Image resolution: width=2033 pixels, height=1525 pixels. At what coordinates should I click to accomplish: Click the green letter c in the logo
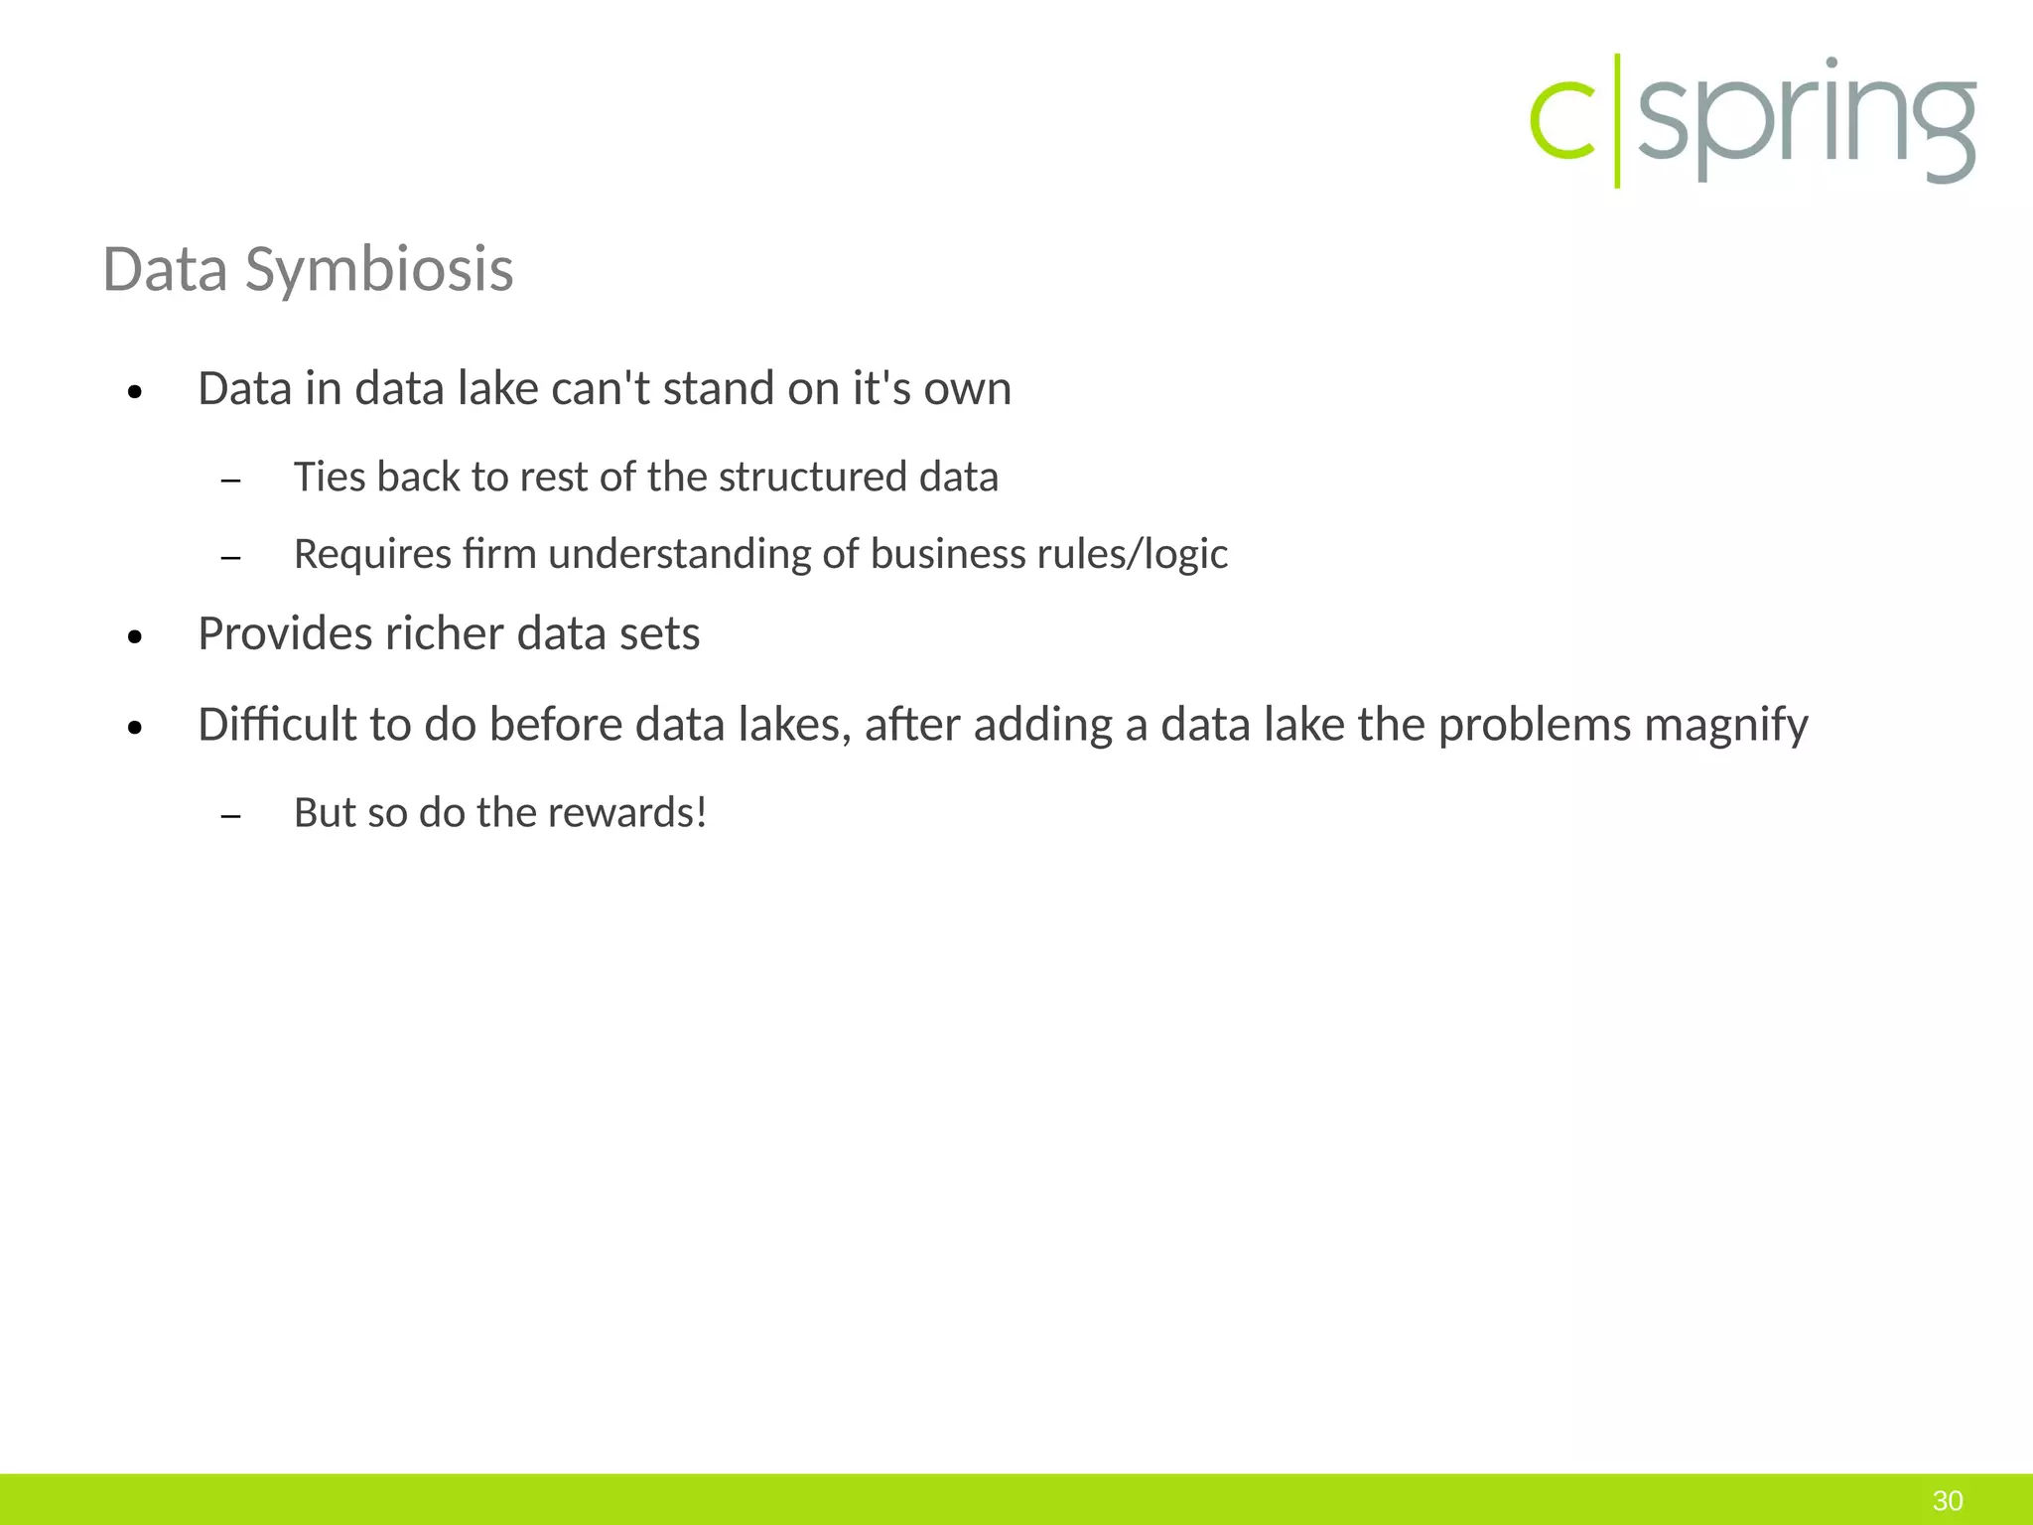[1562, 121]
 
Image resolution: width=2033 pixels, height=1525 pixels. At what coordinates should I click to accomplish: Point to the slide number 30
[1948, 1500]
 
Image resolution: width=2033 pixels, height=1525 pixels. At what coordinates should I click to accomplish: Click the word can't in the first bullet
[601, 388]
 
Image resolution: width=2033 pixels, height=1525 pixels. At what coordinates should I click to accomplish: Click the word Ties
[328, 477]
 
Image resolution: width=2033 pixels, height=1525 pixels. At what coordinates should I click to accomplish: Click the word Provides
[285, 633]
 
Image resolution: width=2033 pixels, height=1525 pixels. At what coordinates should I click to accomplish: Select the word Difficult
[277, 724]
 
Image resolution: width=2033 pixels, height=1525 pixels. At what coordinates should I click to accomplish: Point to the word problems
[1535, 725]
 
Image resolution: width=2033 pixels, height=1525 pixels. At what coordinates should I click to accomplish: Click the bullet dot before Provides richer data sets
[136, 637]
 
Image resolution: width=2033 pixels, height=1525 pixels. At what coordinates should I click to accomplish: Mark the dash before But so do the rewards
[231, 816]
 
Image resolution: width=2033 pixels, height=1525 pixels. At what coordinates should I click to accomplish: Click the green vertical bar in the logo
[1617, 121]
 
